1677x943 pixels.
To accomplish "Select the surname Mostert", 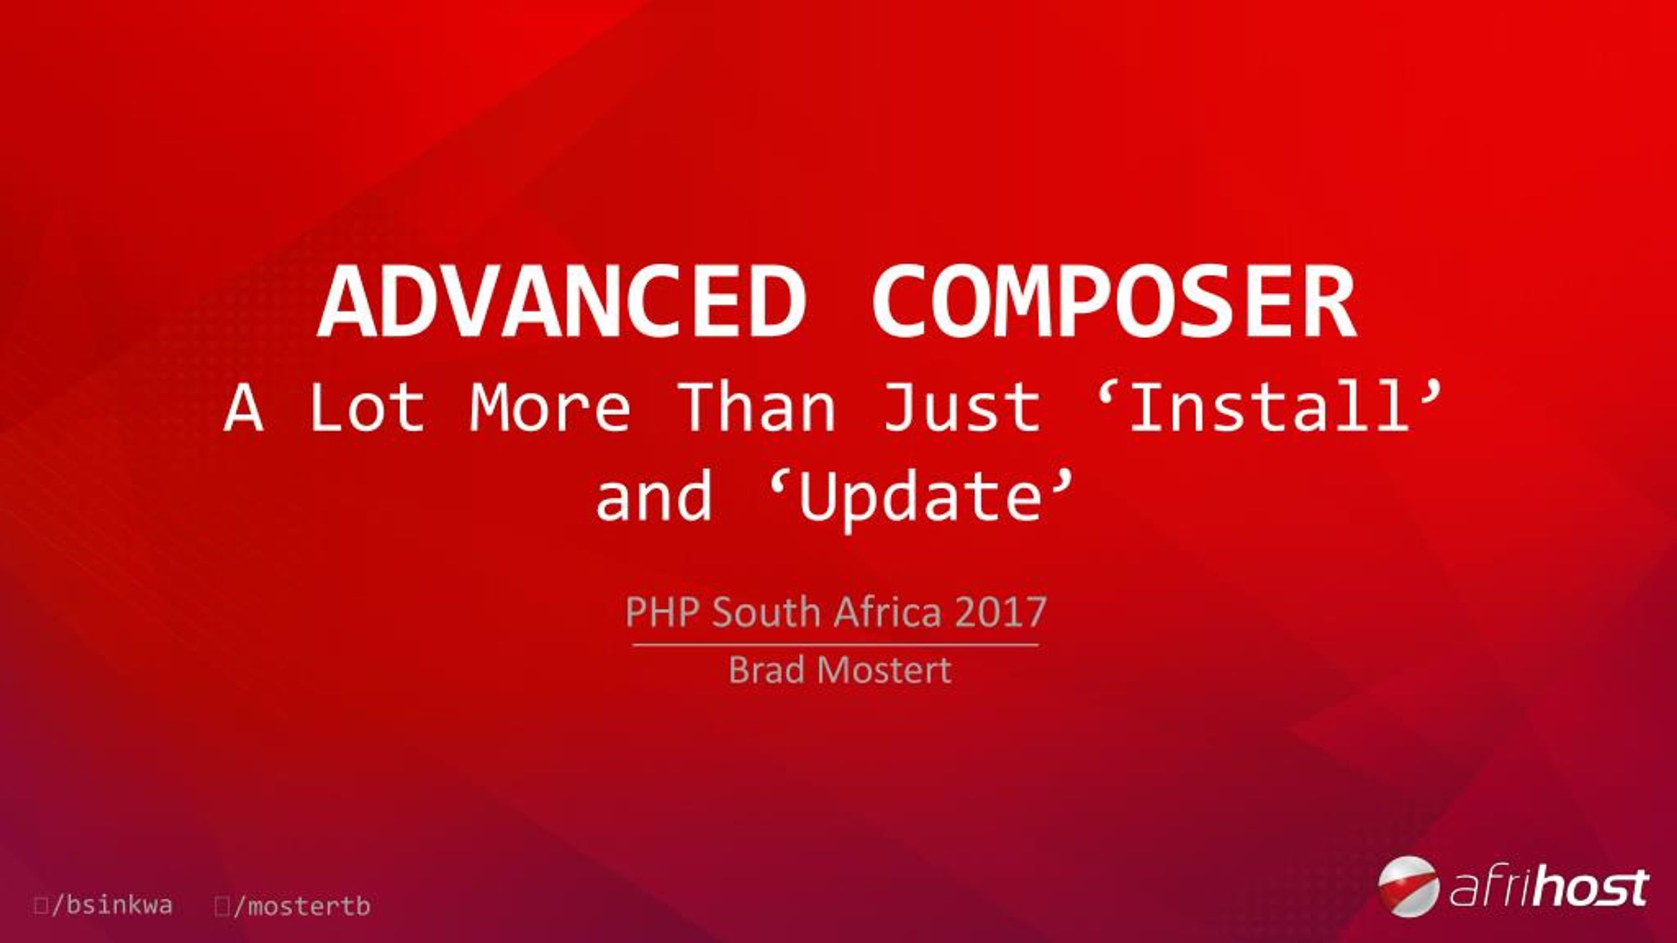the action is click(x=884, y=670).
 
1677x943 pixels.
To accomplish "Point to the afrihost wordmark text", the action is click(x=1546, y=888).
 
